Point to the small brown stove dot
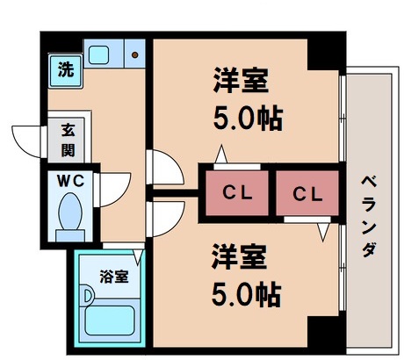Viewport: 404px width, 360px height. point(135,55)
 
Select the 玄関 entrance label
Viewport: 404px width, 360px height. point(67,138)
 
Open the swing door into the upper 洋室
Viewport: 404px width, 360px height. point(163,168)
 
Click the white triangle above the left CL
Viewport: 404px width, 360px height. point(220,157)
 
